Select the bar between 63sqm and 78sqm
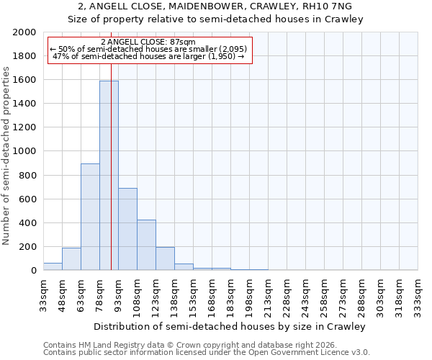point(90,217)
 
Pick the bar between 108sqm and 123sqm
point(146,245)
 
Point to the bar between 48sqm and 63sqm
point(71,259)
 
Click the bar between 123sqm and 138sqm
point(165,258)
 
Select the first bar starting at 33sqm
point(53,266)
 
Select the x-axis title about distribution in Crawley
point(230,327)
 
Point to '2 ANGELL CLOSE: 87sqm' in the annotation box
point(148,42)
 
